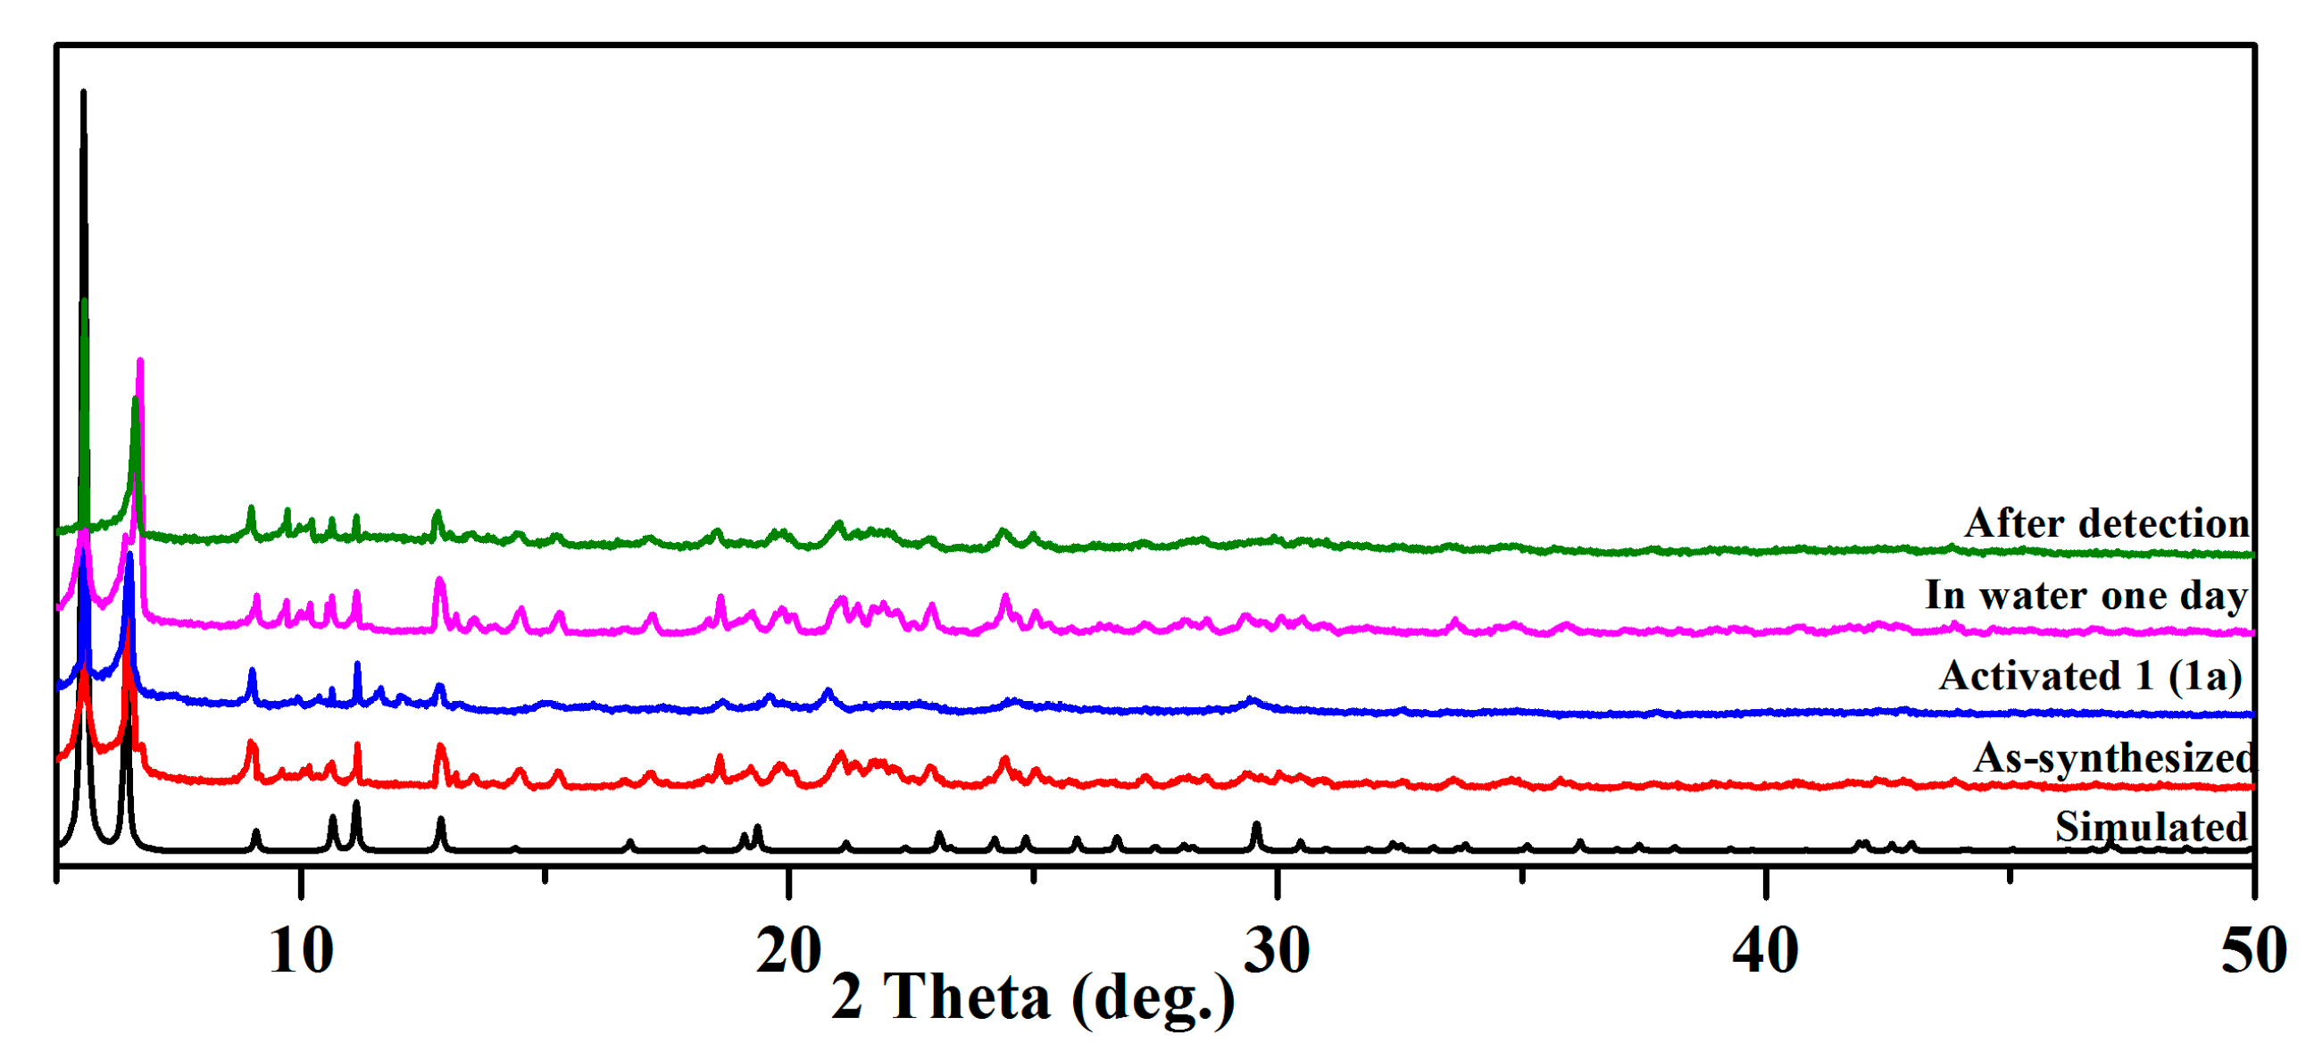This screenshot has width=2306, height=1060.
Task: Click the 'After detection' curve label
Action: point(2106,523)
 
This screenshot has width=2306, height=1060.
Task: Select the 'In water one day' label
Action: point(2086,596)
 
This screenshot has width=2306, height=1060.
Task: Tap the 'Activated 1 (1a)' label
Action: point(2091,676)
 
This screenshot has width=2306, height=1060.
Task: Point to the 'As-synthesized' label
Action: point(2114,758)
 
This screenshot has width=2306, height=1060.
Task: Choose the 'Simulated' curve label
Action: point(2152,826)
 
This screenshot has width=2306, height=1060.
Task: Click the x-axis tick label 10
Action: point(301,951)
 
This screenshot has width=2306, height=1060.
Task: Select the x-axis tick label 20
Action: point(788,951)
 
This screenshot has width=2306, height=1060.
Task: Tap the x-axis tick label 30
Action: point(1278,951)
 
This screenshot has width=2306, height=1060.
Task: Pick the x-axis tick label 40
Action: point(1765,951)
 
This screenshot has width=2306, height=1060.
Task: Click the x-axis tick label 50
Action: point(2253,951)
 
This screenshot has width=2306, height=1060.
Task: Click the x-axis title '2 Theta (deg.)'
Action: point(1033,997)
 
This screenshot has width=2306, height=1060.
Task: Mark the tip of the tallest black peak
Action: point(83,91)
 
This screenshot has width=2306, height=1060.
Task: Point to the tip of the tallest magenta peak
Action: point(139,361)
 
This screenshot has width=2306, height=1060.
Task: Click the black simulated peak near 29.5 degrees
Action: point(1256,824)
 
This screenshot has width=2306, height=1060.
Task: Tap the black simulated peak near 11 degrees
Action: point(356,803)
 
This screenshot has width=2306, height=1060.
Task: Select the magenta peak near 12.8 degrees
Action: point(438,580)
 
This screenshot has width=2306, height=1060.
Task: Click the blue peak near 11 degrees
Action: point(357,664)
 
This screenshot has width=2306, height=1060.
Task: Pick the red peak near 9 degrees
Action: point(251,743)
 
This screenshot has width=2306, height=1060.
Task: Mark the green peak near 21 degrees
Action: point(839,522)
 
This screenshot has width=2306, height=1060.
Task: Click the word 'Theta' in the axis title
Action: point(967,997)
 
